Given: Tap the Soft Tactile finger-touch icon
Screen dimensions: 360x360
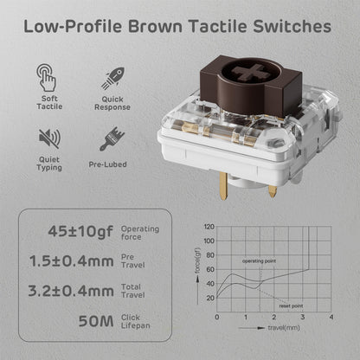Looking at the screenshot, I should click(48, 75).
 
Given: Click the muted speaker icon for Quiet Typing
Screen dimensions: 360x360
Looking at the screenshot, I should click(48, 137).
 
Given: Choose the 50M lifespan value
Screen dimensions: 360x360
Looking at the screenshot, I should click(93, 321).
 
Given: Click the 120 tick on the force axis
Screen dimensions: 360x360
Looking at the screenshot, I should click(209, 227).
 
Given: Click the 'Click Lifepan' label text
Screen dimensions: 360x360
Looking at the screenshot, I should click(140, 321).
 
